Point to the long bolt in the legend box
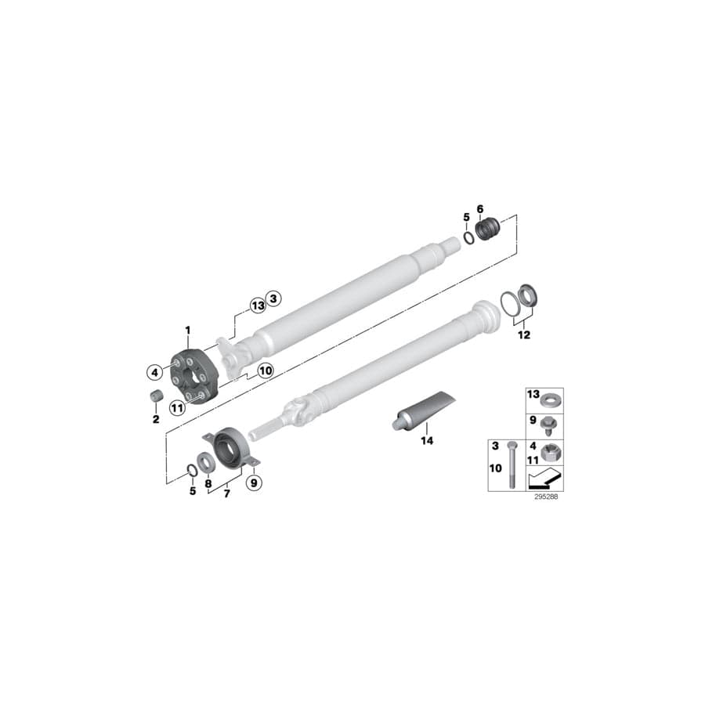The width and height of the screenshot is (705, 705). pos(512,465)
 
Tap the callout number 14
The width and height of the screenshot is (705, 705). pos(426,441)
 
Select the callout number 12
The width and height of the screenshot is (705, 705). pos(523,335)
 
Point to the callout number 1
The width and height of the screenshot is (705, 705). pos(188,330)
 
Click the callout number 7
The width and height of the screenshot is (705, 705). pos(227,494)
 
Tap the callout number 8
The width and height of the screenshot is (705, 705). pos(208,483)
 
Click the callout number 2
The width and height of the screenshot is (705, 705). pos(155,420)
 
